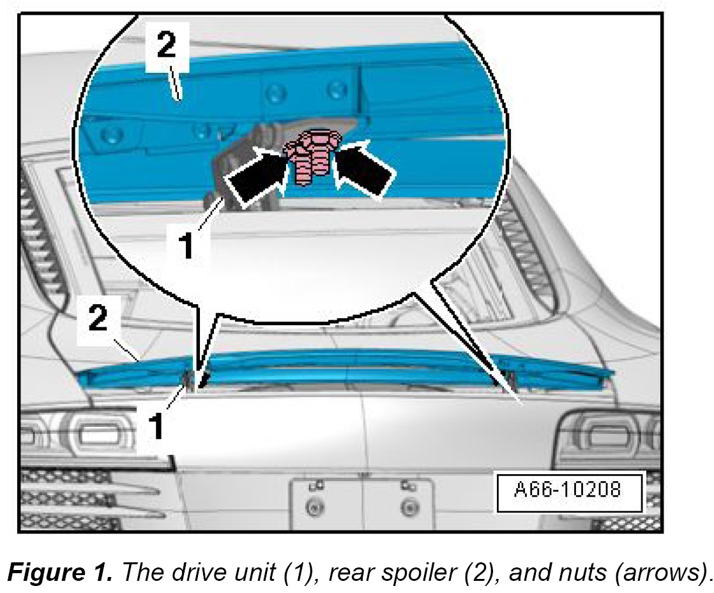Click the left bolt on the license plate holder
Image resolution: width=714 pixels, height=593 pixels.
tap(313, 508)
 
